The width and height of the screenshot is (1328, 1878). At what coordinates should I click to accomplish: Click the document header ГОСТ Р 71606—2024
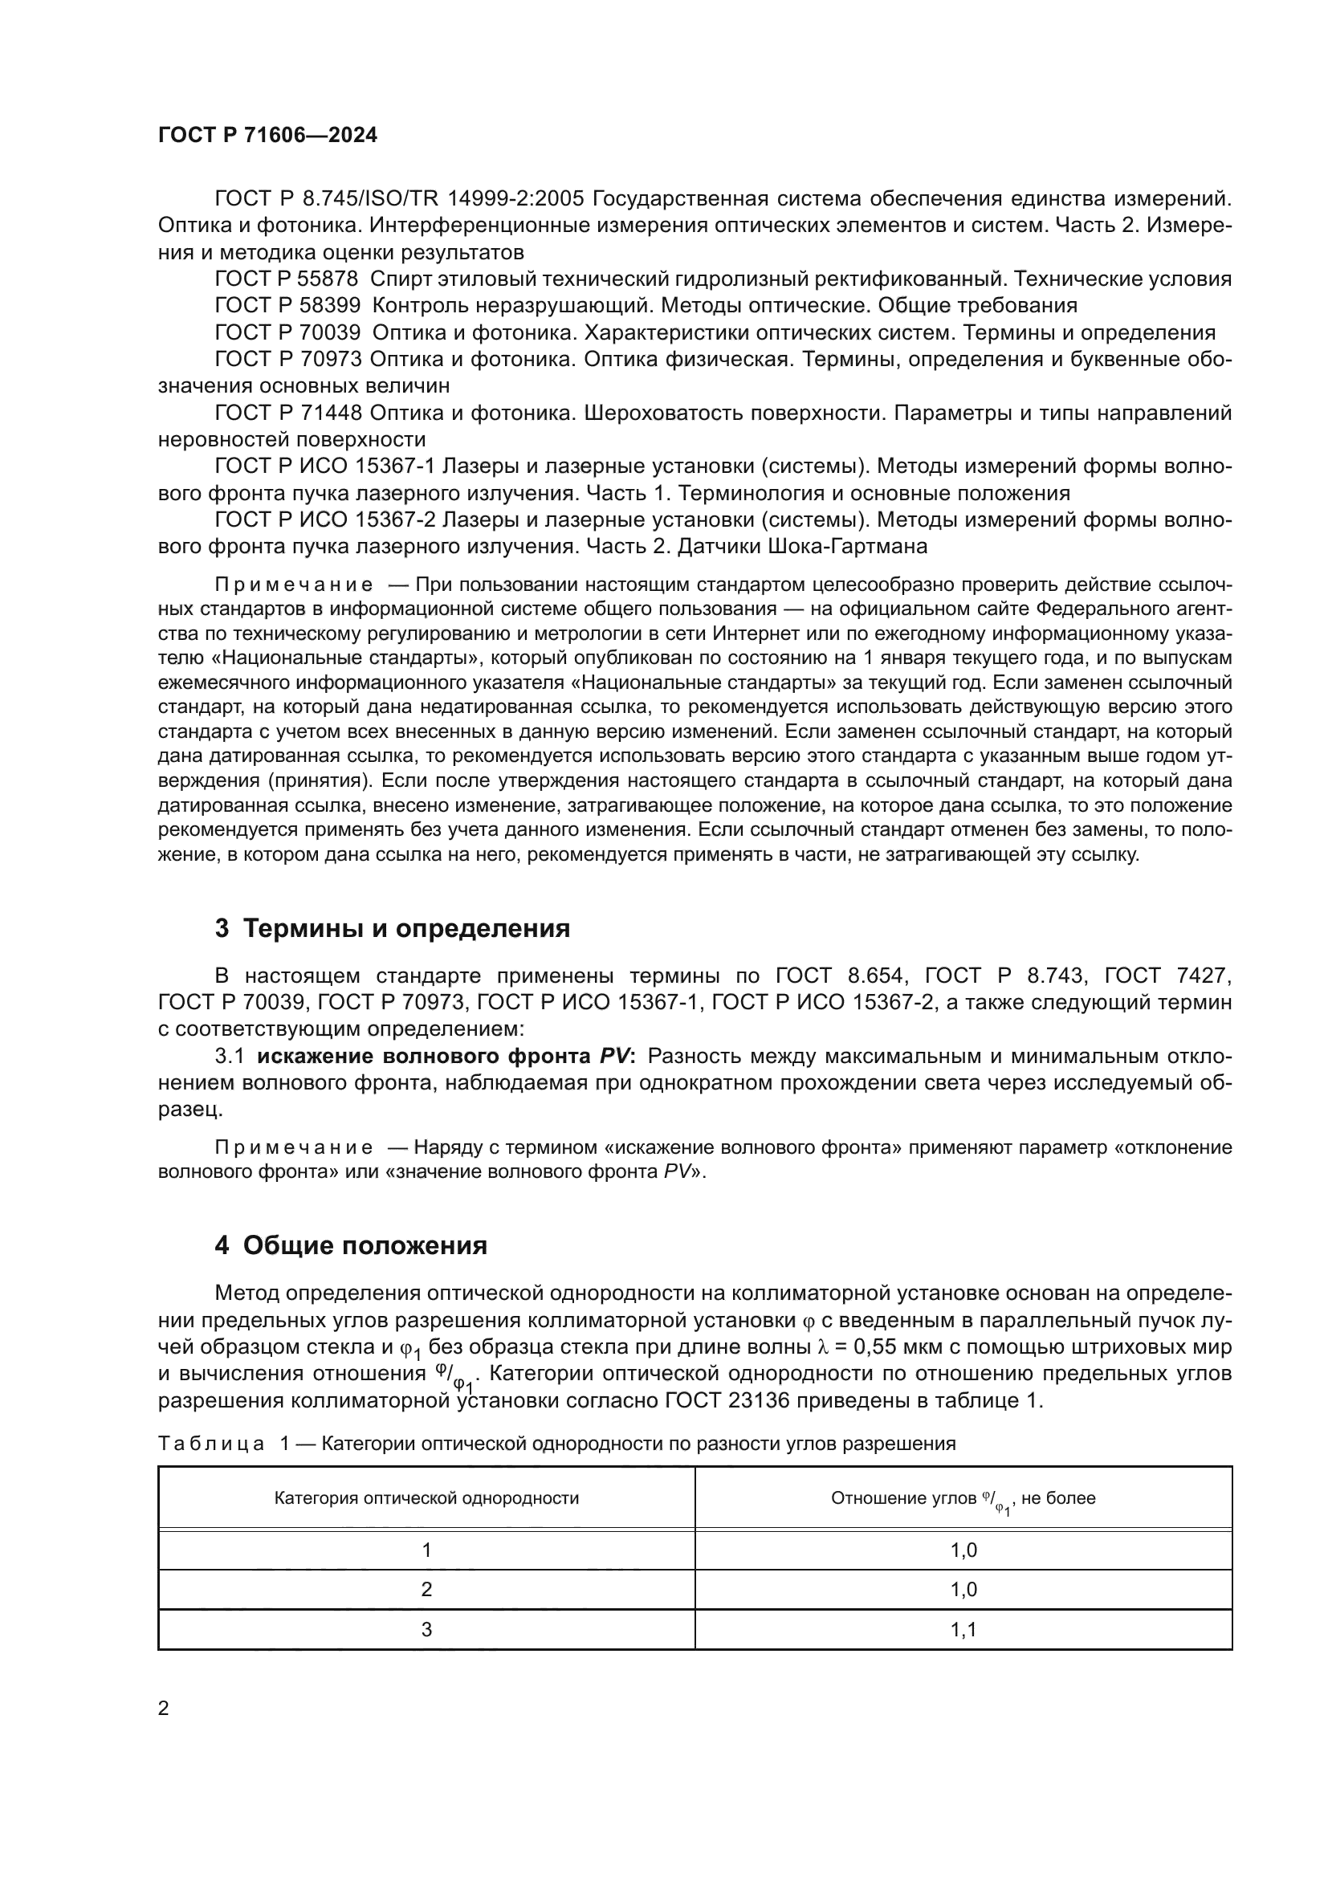pyautogui.click(x=267, y=136)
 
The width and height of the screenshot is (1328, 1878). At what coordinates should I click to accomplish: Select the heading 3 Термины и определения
pyautogui.click(x=393, y=928)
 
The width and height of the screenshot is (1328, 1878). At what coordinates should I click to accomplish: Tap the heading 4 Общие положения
pyautogui.click(x=351, y=1246)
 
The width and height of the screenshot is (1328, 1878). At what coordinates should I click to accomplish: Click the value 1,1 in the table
pyautogui.click(x=963, y=1629)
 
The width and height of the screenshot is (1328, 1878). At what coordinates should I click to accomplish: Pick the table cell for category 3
pyautogui.click(x=426, y=1629)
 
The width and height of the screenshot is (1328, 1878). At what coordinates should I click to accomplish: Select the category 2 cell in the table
pyautogui.click(x=426, y=1589)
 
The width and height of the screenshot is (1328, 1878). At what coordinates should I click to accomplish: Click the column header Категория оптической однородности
pyautogui.click(x=426, y=1497)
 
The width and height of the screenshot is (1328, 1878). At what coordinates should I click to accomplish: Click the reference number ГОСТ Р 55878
pyautogui.click(x=287, y=279)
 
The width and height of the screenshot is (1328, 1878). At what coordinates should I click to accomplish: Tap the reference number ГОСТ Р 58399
pyautogui.click(x=287, y=305)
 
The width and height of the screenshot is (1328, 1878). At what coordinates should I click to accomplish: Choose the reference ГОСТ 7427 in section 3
pyautogui.click(x=1167, y=975)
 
